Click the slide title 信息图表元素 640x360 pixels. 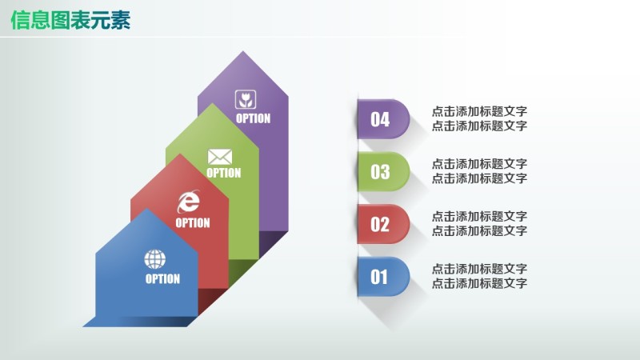click(70, 19)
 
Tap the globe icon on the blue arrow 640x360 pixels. click(154, 259)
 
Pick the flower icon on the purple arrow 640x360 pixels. click(245, 99)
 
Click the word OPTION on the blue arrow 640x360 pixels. click(162, 279)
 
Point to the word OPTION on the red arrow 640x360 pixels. click(193, 223)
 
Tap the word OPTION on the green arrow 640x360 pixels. click(223, 173)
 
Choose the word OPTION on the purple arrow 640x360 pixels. click(253, 118)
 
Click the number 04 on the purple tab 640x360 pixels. click(380, 120)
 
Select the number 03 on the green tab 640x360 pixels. click(380, 172)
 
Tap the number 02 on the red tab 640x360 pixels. click(380, 225)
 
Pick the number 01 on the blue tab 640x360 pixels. click(379, 278)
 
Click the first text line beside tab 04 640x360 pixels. click(479, 111)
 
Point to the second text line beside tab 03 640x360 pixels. click(479, 178)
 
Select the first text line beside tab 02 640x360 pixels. click(479, 216)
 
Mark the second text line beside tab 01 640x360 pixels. click(479, 283)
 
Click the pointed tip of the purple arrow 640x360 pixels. click(242, 53)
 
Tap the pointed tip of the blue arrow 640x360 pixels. click(146, 210)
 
